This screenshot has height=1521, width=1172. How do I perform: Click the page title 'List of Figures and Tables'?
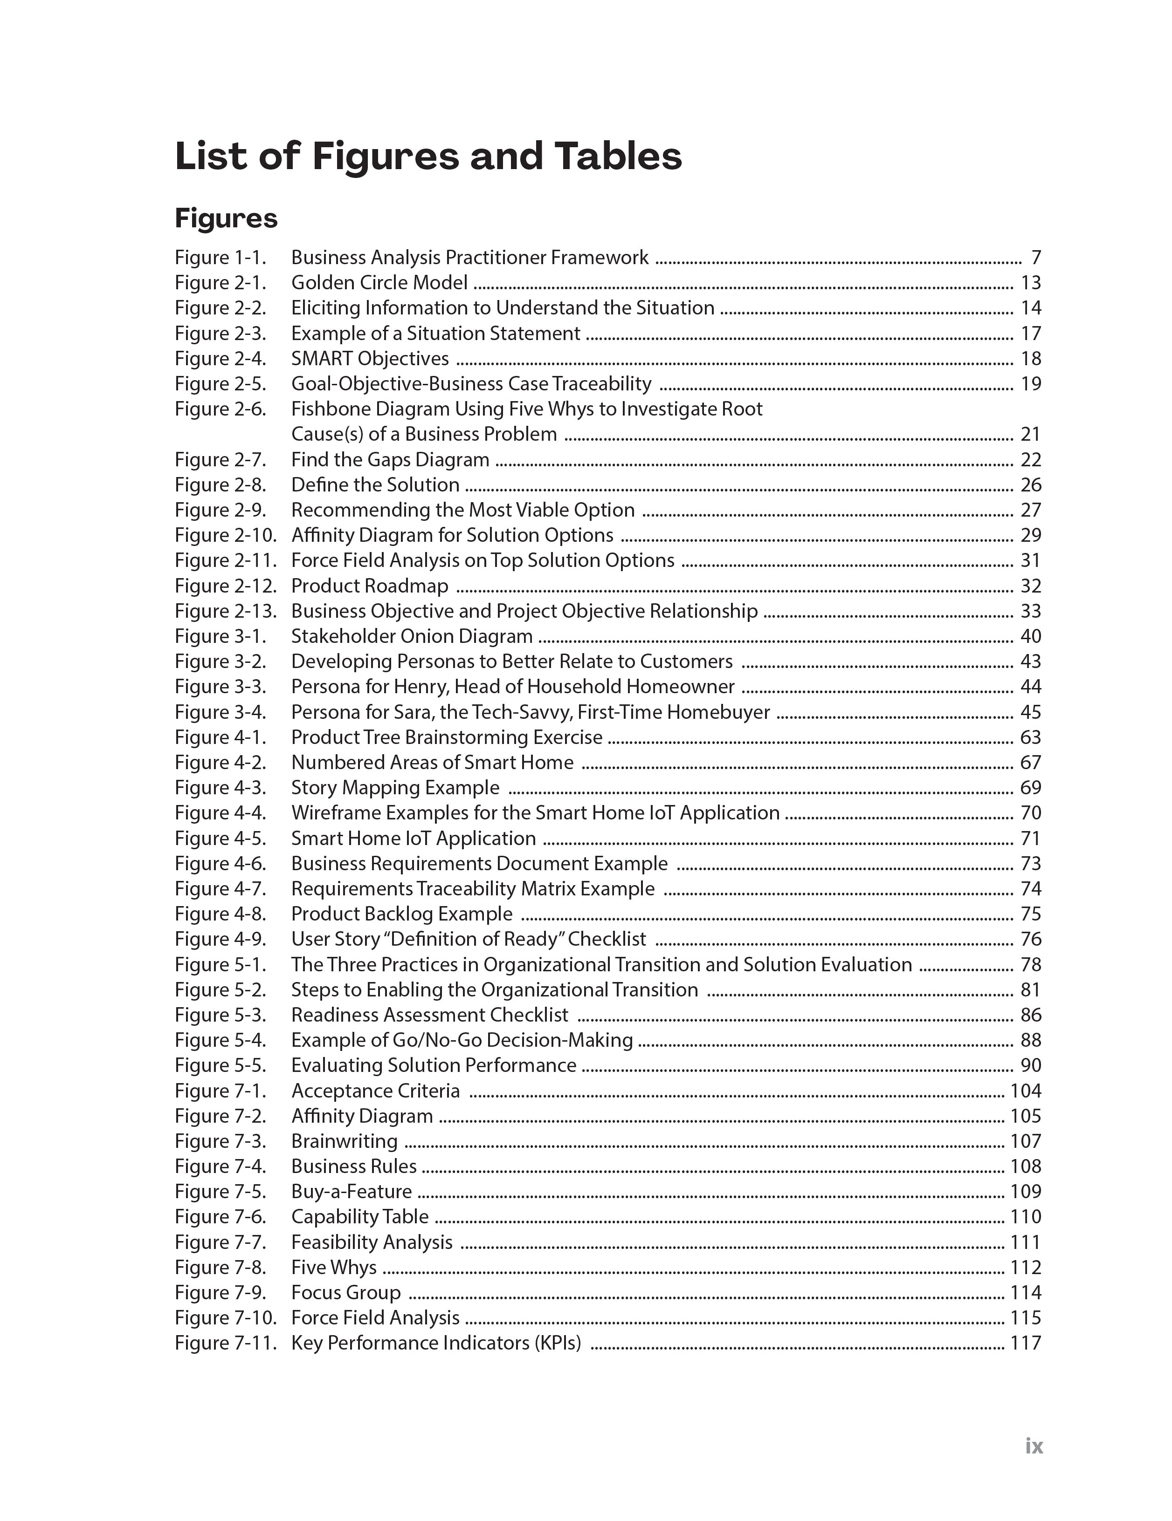(x=428, y=156)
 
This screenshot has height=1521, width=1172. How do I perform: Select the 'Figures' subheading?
(x=226, y=218)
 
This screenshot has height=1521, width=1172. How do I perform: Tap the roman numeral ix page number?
(x=1034, y=1446)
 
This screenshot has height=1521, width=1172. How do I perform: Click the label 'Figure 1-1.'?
(x=220, y=258)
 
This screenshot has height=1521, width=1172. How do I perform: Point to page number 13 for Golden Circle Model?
(x=1030, y=283)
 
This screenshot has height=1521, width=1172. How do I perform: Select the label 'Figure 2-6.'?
(x=220, y=409)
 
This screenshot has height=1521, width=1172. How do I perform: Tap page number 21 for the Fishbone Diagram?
(x=1030, y=435)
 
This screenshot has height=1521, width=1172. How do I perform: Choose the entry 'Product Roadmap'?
(x=369, y=586)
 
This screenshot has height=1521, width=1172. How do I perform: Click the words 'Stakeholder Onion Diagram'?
(x=412, y=636)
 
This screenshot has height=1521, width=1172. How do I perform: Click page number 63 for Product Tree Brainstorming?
(x=1030, y=737)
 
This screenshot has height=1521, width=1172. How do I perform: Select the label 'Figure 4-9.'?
(x=220, y=940)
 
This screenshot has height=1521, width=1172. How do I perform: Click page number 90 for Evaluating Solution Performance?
(x=1030, y=1065)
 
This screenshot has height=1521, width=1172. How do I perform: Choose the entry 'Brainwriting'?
(x=344, y=1141)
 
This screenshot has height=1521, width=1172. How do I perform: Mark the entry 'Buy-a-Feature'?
(x=351, y=1192)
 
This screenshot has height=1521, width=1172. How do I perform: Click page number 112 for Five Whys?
(x=1025, y=1268)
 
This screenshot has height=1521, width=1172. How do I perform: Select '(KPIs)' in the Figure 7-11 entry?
(x=558, y=1343)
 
